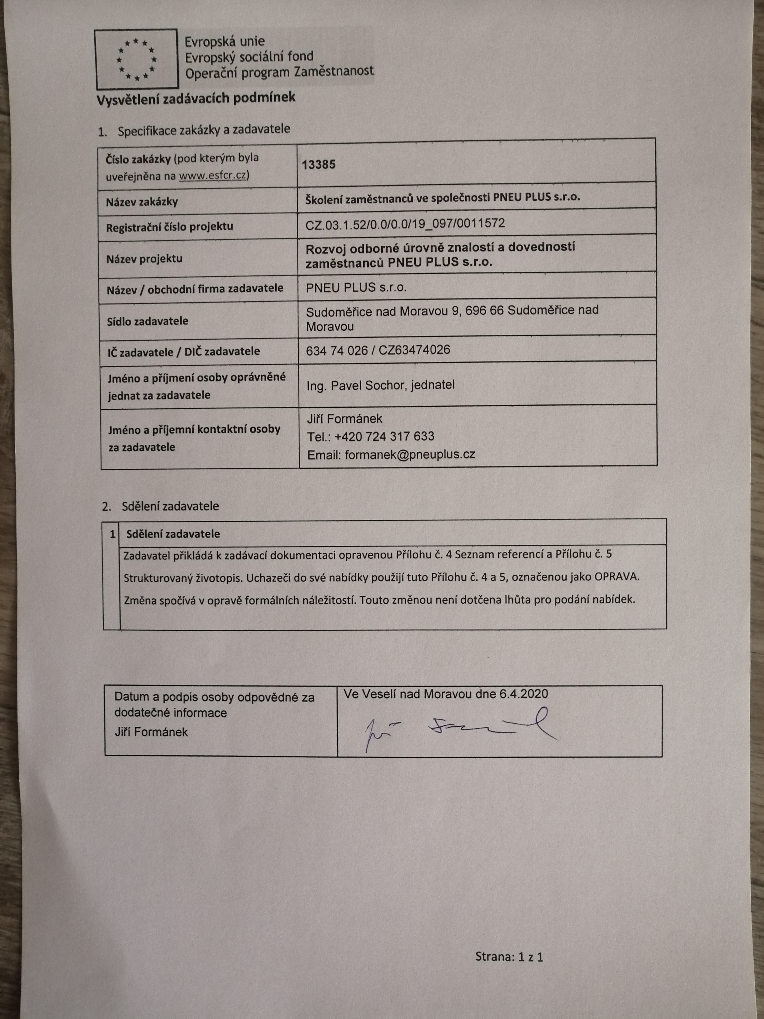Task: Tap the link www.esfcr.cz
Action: tap(212, 176)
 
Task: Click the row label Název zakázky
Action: tap(142, 202)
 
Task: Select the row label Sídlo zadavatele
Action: tap(147, 321)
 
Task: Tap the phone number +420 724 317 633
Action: tap(384, 436)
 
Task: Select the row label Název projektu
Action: tap(144, 259)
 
